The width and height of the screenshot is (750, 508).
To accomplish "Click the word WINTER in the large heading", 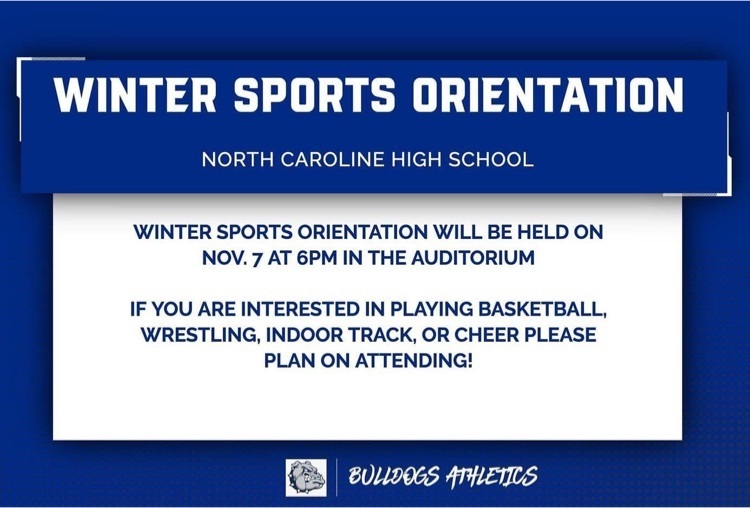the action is pyautogui.click(x=135, y=94).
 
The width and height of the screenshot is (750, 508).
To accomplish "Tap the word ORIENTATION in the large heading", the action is pyautogui.click(x=548, y=94).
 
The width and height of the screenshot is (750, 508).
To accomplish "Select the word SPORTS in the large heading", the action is pyautogui.click(x=314, y=94).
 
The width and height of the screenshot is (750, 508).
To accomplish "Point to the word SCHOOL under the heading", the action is pyautogui.click(x=491, y=159).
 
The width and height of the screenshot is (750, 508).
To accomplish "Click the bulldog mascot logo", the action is pyautogui.click(x=307, y=478).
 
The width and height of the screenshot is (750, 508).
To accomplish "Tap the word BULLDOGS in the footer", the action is pyautogui.click(x=394, y=476).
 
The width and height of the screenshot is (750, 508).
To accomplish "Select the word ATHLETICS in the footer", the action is pyautogui.click(x=492, y=476).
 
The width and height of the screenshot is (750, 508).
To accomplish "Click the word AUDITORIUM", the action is pyautogui.click(x=473, y=258).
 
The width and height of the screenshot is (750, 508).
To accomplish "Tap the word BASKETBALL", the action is pyautogui.click(x=542, y=309).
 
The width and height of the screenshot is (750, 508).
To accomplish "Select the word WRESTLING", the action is pyautogui.click(x=201, y=335).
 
